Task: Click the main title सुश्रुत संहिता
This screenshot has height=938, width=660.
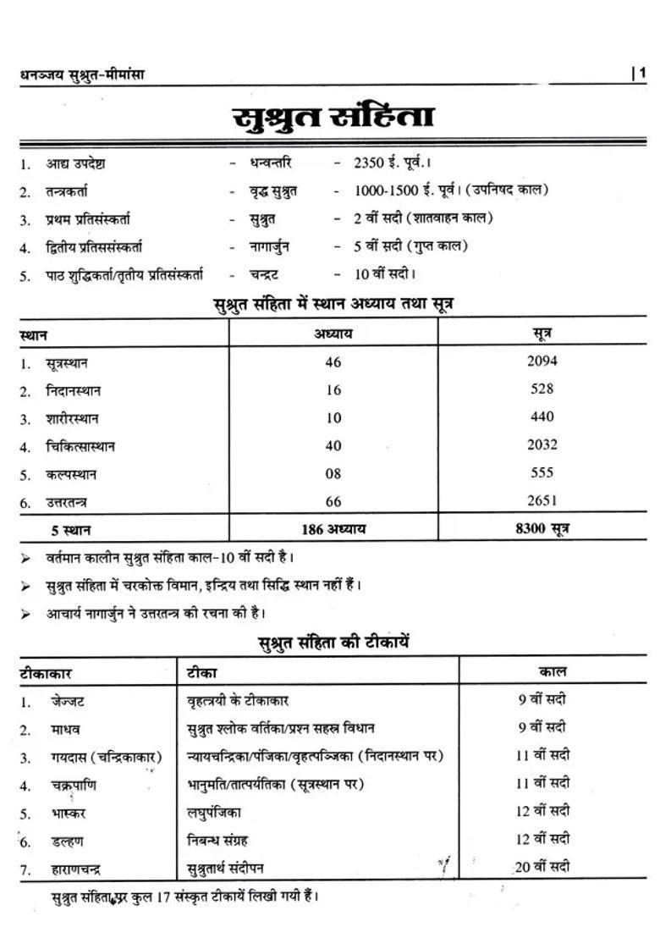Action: (x=333, y=118)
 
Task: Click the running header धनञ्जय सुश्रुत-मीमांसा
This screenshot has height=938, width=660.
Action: (x=82, y=74)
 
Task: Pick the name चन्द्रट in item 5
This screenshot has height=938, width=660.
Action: (x=264, y=274)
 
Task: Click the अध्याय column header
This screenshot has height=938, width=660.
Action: (x=333, y=334)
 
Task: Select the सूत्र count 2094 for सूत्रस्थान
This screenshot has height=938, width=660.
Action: (x=542, y=361)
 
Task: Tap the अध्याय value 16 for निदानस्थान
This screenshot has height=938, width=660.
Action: (x=333, y=389)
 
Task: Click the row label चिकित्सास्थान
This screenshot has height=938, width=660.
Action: (x=80, y=446)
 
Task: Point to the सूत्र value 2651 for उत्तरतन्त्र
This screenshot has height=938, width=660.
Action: (x=542, y=500)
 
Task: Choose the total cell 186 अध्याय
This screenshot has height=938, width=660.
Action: (x=333, y=529)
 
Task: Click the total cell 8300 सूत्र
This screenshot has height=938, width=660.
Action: (x=542, y=529)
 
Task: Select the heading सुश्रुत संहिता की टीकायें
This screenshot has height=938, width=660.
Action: (x=333, y=643)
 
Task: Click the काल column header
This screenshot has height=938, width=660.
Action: (x=553, y=672)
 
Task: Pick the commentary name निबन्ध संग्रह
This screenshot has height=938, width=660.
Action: (x=217, y=841)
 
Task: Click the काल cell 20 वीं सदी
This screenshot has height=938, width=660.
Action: (x=542, y=866)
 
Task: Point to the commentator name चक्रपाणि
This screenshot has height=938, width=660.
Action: (x=73, y=785)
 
